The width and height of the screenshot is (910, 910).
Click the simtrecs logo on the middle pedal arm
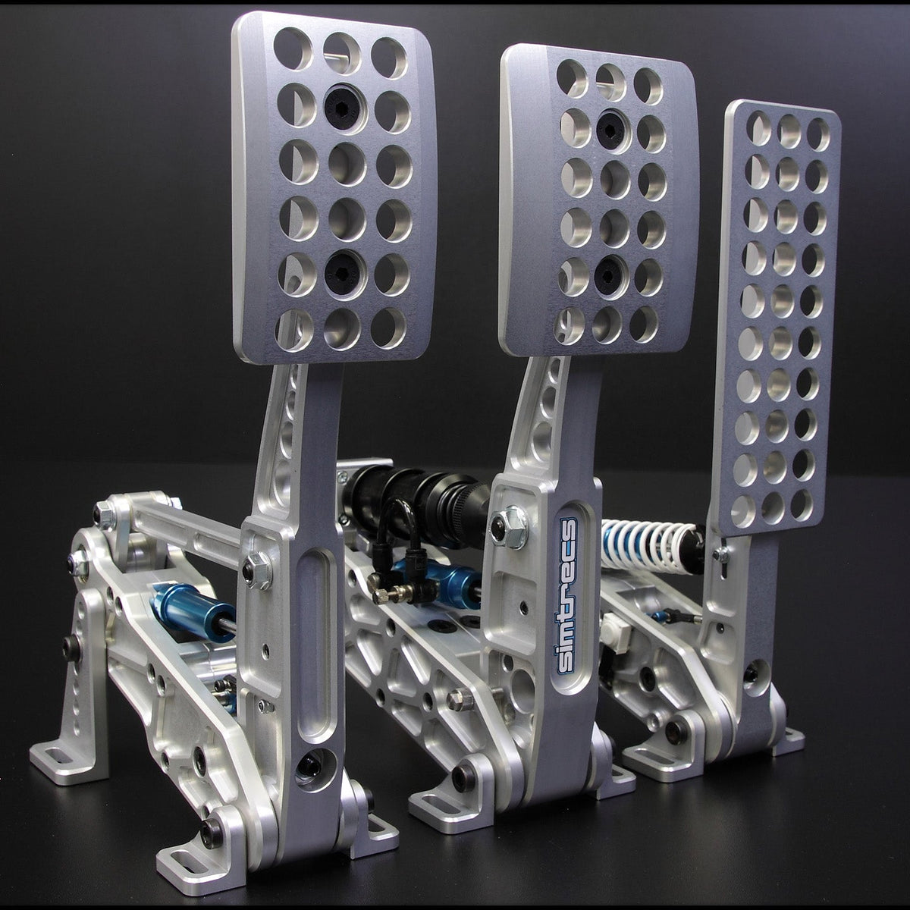coord(567,596)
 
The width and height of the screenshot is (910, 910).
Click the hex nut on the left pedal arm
coord(257,570)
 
